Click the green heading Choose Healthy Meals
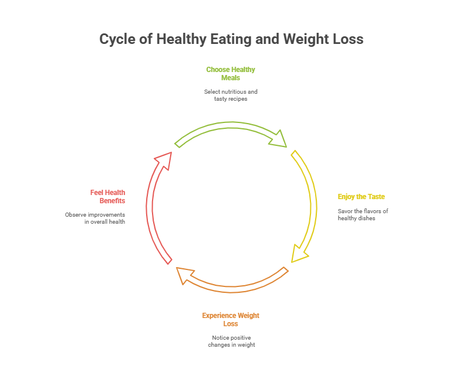(x=231, y=73)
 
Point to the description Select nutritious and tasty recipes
(x=231, y=95)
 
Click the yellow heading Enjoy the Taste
(x=361, y=197)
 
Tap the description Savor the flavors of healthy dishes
(x=362, y=214)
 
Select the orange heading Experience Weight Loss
(x=231, y=319)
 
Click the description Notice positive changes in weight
(x=231, y=341)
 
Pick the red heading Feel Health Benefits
(x=108, y=196)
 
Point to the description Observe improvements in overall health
(x=95, y=218)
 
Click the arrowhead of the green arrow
(x=280, y=139)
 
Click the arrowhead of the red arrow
(x=164, y=160)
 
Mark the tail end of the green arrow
(x=178, y=143)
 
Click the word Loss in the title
(x=348, y=39)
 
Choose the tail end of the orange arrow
(x=285, y=271)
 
